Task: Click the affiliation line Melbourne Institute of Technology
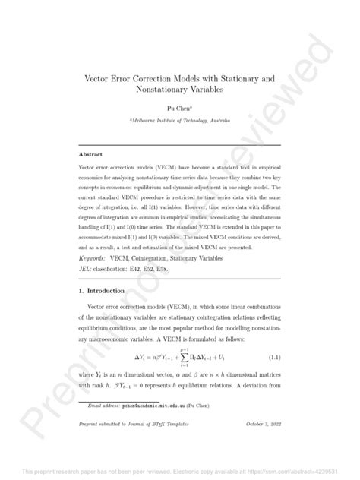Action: pyautogui.click(x=180, y=121)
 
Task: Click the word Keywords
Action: pyautogui.click(x=94, y=259)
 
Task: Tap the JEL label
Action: pyautogui.click(x=87, y=269)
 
